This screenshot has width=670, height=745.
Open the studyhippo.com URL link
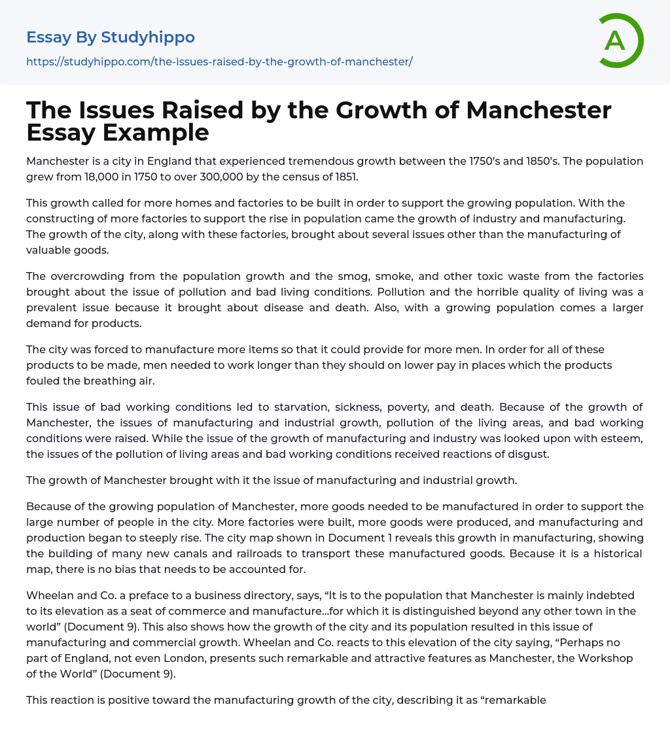click(x=219, y=61)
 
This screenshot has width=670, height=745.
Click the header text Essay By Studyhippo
click(x=111, y=37)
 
